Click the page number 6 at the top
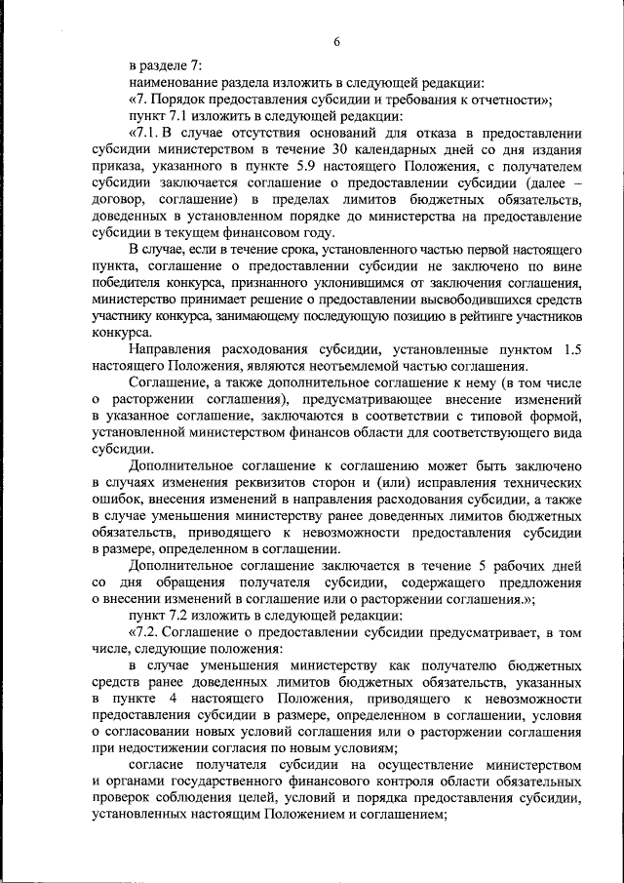336,41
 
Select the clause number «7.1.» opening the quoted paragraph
150,133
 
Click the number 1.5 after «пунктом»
572,348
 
